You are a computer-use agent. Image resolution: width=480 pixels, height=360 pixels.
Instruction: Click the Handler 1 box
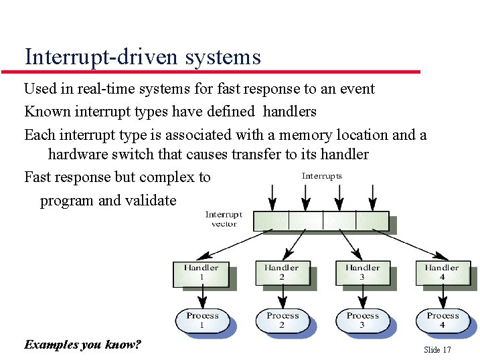tap(202, 273)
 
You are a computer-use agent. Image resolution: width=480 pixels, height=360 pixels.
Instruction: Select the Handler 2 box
tap(282, 272)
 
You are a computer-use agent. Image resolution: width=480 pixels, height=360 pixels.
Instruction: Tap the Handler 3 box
tap(362, 272)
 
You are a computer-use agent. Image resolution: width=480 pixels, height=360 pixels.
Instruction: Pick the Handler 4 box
tap(442, 272)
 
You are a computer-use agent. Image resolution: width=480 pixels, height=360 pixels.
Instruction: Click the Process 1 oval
tap(202, 320)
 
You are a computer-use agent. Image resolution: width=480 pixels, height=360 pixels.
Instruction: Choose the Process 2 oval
tap(282, 320)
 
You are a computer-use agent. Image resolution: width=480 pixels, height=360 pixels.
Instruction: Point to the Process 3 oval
tap(362, 320)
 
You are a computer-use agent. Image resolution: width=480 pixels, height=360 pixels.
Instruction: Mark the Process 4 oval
tap(443, 320)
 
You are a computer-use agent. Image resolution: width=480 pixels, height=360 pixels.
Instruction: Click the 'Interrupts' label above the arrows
tap(322, 176)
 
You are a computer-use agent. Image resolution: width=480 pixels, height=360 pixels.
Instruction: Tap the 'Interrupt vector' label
tap(224, 219)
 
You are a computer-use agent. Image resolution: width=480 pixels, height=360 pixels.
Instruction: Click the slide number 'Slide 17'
tap(437, 350)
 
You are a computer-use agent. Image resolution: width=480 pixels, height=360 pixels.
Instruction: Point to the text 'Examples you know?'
tap(82, 345)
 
